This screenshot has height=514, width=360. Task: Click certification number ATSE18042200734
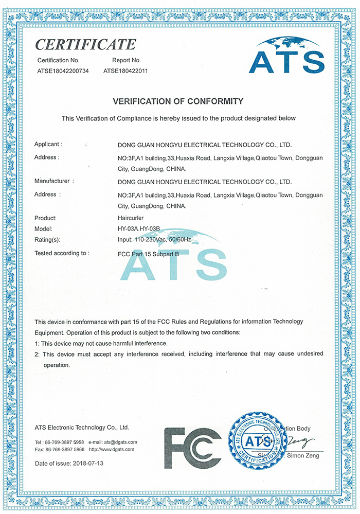[x=63, y=71]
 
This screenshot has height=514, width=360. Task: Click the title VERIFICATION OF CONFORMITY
[x=178, y=101]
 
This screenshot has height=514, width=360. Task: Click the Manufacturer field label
[x=53, y=181]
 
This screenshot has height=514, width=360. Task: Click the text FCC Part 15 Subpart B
[x=149, y=253]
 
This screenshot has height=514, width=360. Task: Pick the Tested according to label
[x=61, y=253]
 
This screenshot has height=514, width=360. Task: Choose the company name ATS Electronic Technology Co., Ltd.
[x=82, y=427]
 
